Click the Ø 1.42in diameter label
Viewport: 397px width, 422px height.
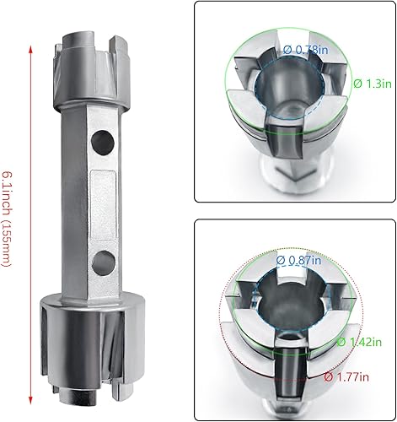(x=355, y=342)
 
